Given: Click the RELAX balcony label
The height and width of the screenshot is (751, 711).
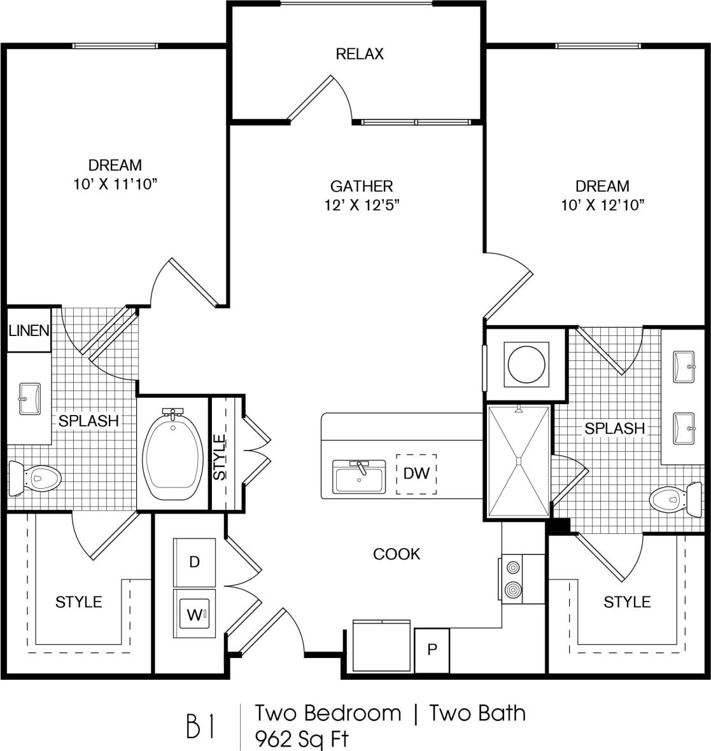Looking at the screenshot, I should click(360, 54).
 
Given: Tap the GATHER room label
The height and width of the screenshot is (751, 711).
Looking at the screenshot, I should click(361, 186).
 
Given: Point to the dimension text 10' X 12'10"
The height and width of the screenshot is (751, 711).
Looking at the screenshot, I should click(602, 205).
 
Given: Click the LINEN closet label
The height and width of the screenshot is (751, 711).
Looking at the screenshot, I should click(29, 330).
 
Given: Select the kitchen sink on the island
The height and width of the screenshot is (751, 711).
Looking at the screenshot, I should click(360, 477).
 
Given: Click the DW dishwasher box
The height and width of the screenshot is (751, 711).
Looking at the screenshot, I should click(416, 474).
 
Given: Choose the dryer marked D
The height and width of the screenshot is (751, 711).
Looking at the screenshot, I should click(194, 562).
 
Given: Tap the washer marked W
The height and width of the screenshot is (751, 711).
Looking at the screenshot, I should click(194, 615).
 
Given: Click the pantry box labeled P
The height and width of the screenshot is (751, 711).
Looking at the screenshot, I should click(432, 650).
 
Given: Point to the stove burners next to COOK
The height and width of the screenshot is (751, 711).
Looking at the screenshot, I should click(512, 579).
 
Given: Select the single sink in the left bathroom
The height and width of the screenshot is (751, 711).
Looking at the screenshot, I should click(29, 399).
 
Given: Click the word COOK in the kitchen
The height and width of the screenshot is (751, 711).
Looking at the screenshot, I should click(397, 554).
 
